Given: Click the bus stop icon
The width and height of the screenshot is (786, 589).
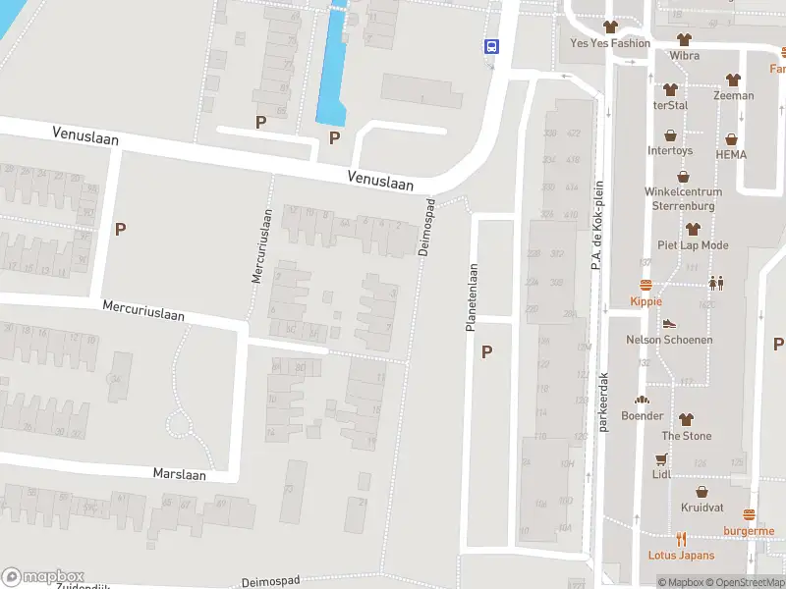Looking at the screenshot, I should tap(490, 46).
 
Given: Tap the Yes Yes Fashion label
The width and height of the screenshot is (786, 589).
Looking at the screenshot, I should tap(610, 43).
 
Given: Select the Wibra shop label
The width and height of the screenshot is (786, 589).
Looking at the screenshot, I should tap(685, 56).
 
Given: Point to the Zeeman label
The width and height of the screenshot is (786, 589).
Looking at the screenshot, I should tap(733, 95).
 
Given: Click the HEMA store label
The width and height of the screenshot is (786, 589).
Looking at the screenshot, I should tap(731, 154).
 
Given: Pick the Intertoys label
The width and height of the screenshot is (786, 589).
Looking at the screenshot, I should tap(670, 151).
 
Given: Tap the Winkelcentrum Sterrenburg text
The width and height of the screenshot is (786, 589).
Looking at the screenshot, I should tap(683, 199).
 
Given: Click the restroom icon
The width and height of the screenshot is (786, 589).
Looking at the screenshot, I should tap(716, 283).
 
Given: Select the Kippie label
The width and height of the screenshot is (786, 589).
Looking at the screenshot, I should tap(646, 301).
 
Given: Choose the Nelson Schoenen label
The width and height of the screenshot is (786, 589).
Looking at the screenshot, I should tap(669, 340).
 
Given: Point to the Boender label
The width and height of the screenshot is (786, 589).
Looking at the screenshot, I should tap(642, 415).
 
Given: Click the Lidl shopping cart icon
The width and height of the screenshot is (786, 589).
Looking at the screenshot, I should tap(661, 459).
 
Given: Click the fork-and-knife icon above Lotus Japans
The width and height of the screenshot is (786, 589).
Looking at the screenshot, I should tap(681, 538).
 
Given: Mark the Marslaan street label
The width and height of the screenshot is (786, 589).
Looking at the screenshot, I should tap(179, 473).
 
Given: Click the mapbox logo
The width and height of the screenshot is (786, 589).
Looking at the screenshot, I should tap(43, 577).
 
